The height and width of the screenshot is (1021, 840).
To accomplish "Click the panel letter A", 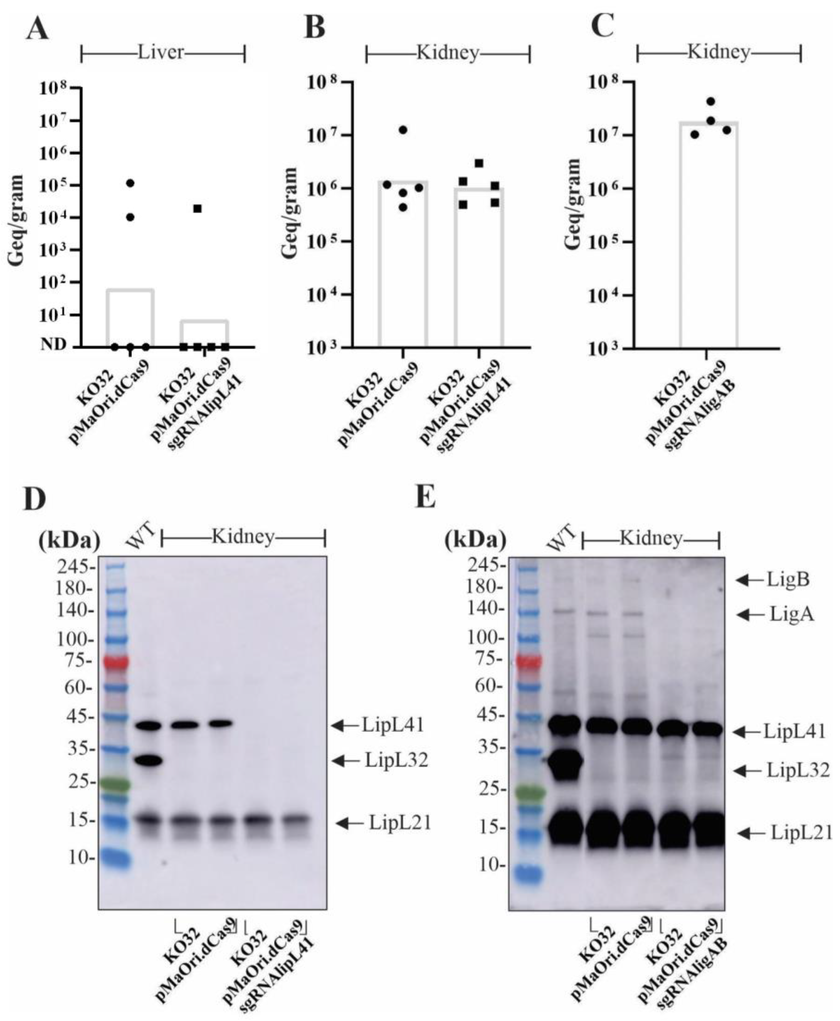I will pos(38,29).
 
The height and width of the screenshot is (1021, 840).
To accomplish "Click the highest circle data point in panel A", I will pos(130,183).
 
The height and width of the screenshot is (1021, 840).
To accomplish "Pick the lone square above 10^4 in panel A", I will pos(197,208).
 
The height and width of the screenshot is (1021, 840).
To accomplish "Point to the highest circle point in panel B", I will pos(403,130).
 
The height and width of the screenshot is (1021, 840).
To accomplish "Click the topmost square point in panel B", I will pos(479,163).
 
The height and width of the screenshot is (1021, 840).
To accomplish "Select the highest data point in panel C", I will pos(710,102).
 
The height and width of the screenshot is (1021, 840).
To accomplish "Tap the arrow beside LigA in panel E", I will pos(752,615).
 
